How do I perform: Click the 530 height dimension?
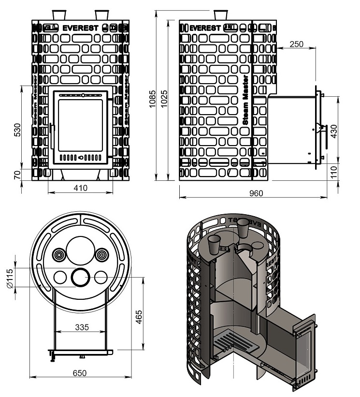coord(17,129)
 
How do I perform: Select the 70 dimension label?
coord(17,175)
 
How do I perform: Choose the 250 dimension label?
coord(296,44)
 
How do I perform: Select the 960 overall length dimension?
coord(256,193)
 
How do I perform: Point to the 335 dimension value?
coord(82,327)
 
